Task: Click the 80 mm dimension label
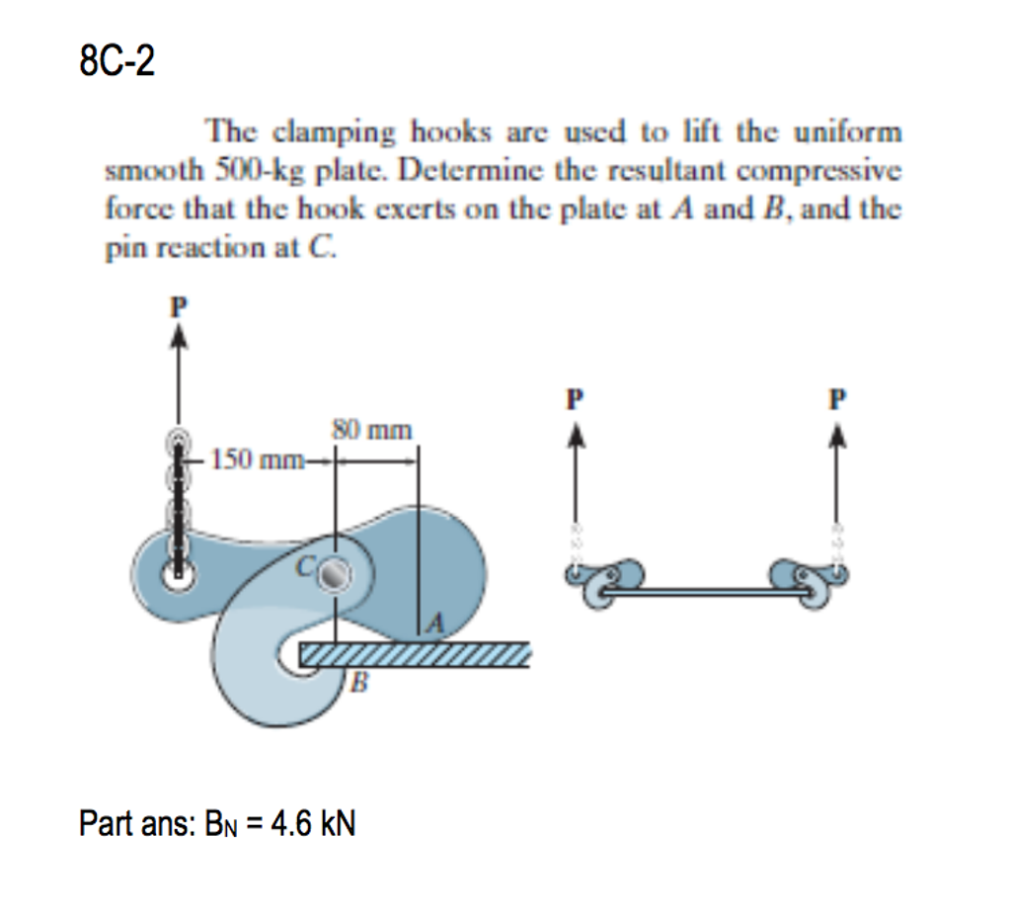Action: pyautogui.click(x=372, y=429)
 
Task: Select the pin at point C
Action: pyautogui.click(x=336, y=573)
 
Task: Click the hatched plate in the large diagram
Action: pyautogui.click(x=415, y=654)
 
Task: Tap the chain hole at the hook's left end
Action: pyautogui.click(x=178, y=574)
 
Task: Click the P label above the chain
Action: pyautogui.click(x=179, y=306)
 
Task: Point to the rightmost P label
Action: pyautogui.click(x=837, y=399)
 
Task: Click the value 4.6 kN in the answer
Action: pyautogui.click(x=313, y=823)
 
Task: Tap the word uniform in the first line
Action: pyautogui.click(x=847, y=132)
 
